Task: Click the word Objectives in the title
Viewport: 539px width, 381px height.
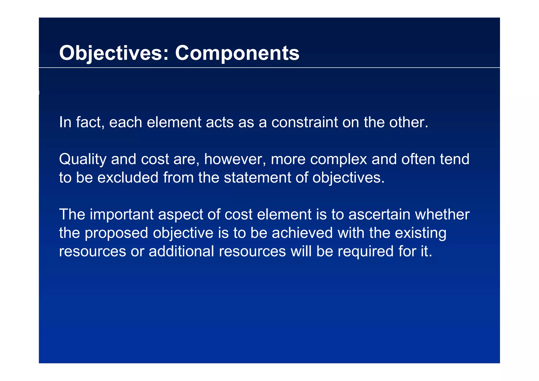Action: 110,53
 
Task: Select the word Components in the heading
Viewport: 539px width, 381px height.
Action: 237,53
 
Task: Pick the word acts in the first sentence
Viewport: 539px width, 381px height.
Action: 219,123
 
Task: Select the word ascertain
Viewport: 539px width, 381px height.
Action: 379,215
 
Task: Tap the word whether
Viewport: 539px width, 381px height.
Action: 442,215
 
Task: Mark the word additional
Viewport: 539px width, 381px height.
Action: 181,252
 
